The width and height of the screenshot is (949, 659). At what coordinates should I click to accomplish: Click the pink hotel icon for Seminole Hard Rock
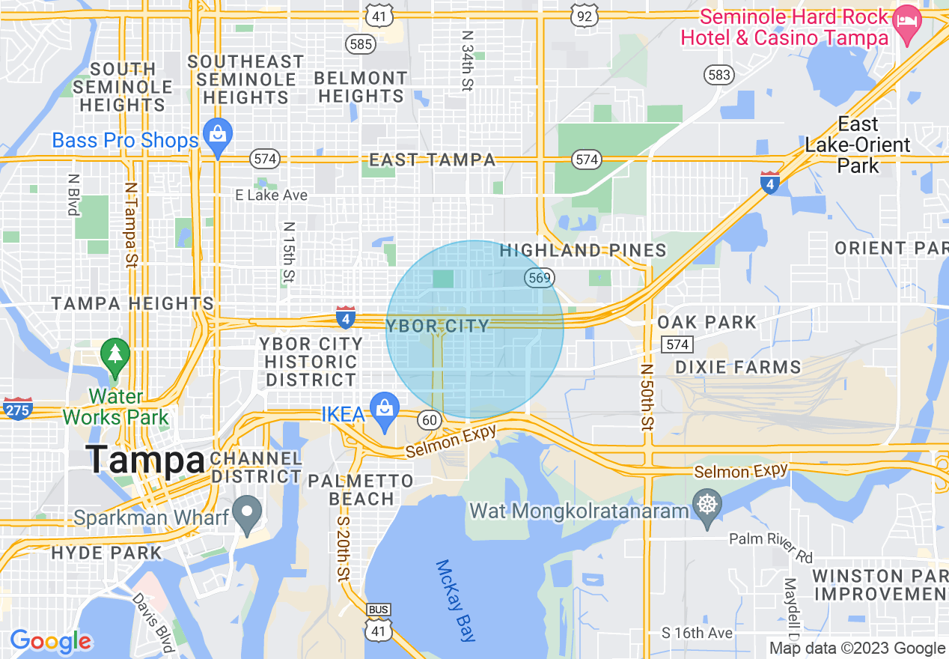(x=909, y=17)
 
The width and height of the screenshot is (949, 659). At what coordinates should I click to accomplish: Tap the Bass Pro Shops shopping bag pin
(x=217, y=136)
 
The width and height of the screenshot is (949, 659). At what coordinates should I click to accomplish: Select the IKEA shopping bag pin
(x=385, y=409)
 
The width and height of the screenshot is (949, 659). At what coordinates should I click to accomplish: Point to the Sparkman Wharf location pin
(x=247, y=513)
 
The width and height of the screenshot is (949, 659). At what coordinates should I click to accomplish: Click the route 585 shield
(x=361, y=44)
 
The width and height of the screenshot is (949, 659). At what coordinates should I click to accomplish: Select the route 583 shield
(x=718, y=75)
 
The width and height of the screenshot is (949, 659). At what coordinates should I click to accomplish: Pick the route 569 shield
(x=539, y=278)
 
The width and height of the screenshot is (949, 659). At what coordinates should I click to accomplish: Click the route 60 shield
(x=429, y=420)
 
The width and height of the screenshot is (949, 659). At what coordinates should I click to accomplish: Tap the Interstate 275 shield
(x=16, y=409)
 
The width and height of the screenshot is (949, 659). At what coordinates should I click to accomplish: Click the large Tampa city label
(x=145, y=459)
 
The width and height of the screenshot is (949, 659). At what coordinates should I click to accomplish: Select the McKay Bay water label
(x=456, y=600)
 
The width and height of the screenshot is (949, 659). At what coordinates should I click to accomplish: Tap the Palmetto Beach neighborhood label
(x=361, y=490)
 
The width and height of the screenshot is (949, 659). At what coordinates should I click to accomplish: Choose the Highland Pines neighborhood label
(x=583, y=251)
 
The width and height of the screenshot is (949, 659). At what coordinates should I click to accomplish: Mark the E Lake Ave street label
(x=271, y=195)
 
